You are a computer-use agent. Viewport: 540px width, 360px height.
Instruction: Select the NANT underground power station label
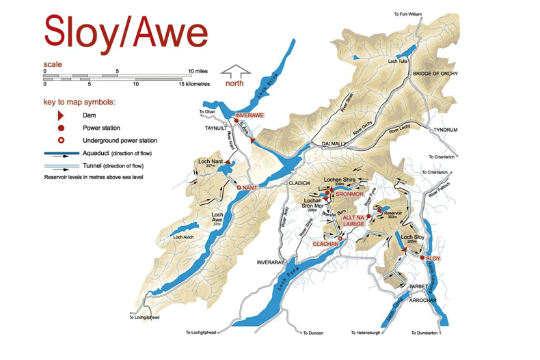(250, 186)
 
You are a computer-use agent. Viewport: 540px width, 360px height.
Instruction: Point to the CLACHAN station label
(325, 244)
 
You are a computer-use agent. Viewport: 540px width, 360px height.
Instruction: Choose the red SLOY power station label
(433, 259)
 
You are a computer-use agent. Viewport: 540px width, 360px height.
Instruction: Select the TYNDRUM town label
(446, 129)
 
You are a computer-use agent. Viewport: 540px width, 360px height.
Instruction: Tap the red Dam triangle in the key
(62, 115)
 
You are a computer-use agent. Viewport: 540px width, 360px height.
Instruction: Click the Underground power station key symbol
(62, 140)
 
